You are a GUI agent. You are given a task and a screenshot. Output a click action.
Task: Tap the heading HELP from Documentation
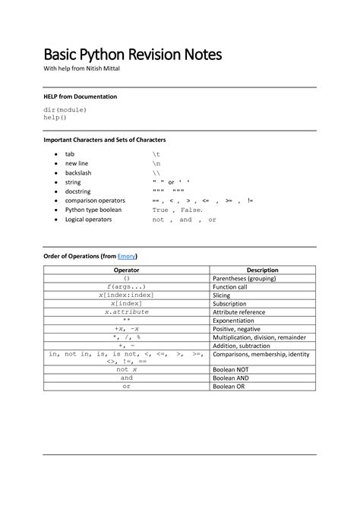80,97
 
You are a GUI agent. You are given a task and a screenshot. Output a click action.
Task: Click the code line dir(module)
65,110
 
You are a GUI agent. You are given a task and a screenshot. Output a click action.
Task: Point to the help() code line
55,118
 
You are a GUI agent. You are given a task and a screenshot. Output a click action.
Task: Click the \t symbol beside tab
156,154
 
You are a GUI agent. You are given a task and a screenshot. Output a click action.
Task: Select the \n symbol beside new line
156,163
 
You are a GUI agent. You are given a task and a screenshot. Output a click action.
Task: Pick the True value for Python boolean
160,210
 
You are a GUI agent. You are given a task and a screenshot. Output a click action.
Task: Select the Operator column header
126,270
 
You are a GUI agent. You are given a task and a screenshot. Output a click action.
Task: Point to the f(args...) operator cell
126,287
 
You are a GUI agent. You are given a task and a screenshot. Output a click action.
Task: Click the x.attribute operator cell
126,312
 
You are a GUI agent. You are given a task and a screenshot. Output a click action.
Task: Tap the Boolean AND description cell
232,378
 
